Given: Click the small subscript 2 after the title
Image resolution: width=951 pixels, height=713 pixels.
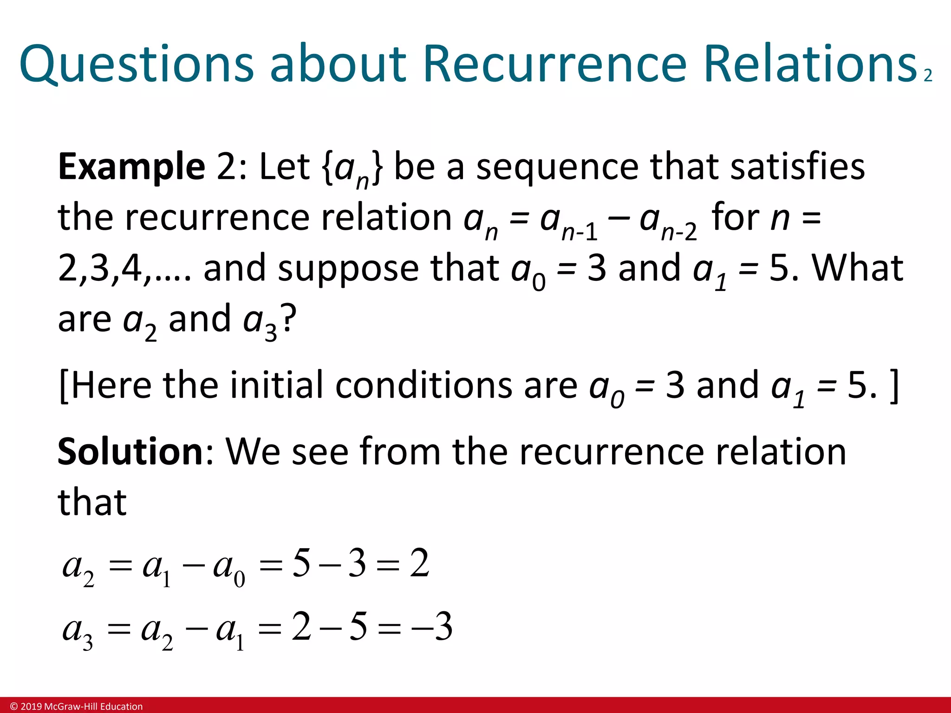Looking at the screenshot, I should pyautogui.click(x=928, y=76).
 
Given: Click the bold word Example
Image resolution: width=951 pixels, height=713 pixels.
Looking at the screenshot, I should pyautogui.click(x=131, y=167).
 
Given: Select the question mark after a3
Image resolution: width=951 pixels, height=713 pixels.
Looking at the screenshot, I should pyautogui.click(x=288, y=319).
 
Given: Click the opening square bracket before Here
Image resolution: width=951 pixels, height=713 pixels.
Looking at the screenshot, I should pyautogui.click(x=64, y=386).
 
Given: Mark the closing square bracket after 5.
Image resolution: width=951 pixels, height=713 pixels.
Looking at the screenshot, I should pyautogui.click(x=894, y=386).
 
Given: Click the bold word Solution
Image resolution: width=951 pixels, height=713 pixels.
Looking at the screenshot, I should pyautogui.click(x=130, y=452).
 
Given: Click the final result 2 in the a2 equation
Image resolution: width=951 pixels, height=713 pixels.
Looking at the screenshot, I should pyautogui.click(x=419, y=564).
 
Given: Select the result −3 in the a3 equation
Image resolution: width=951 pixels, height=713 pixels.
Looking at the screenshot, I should pyautogui.click(x=431, y=627).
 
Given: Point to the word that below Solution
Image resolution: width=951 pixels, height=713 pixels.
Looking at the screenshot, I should pyautogui.click(x=92, y=502).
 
